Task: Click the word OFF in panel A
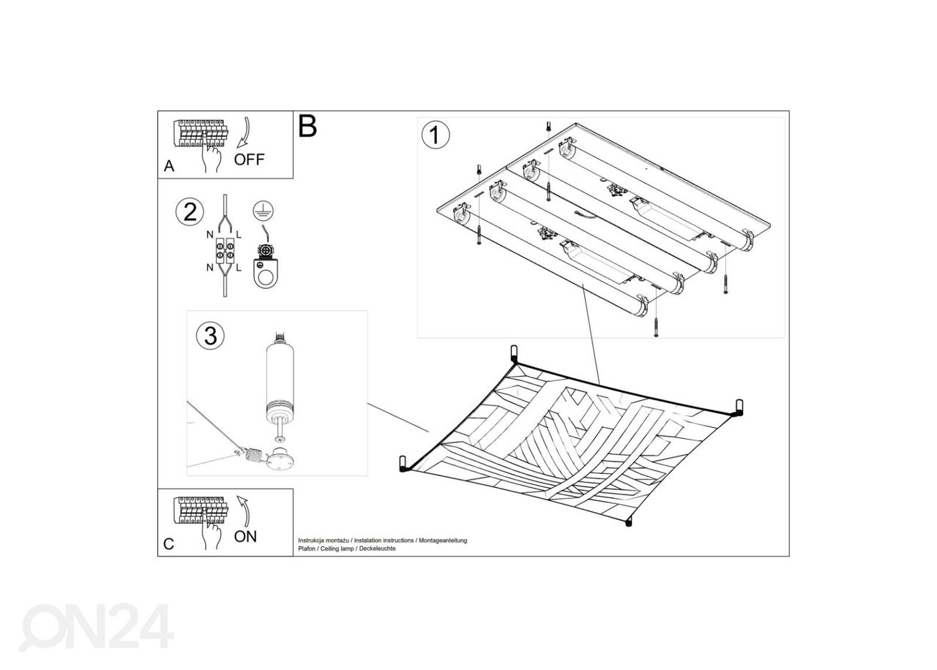tap(249, 159)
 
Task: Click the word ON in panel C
tap(245, 536)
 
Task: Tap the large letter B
tap(307, 126)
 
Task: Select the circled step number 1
tap(436, 135)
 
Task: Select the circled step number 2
tap(190, 212)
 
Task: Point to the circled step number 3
tap(210, 336)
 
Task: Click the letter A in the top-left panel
tap(169, 166)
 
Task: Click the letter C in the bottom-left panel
tap(168, 543)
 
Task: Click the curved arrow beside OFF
tap(244, 133)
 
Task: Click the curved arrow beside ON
tap(244, 511)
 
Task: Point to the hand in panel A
tap(212, 154)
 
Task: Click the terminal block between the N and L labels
tap(225, 250)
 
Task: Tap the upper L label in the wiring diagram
tap(239, 235)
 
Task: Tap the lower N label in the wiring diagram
tap(209, 268)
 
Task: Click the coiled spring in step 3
tap(253, 454)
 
